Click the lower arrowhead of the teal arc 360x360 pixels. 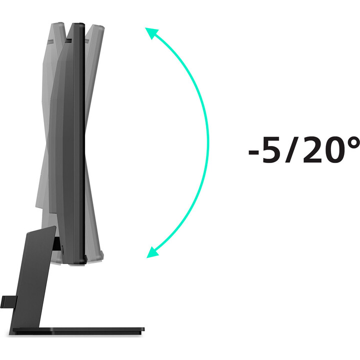[151, 252]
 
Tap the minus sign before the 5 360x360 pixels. [253, 152]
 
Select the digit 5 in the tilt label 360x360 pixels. [271, 150]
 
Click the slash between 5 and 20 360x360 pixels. [291, 149]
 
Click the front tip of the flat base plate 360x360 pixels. [144, 329]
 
